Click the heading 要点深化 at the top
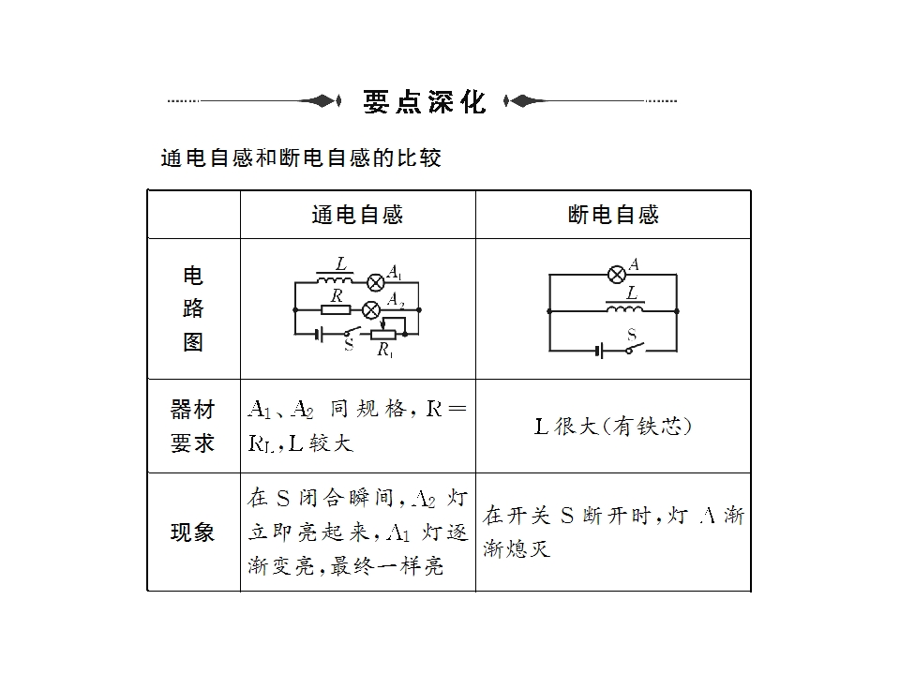pyautogui.click(x=424, y=101)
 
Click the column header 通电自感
pyautogui.click(x=357, y=215)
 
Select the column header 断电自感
pyautogui.click(x=613, y=215)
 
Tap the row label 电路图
pyautogui.click(x=193, y=308)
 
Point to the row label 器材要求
pyautogui.click(x=193, y=427)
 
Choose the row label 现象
pyautogui.click(x=193, y=532)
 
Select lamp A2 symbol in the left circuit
pyautogui.click(x=371, y=308)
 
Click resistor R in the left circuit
pyautogui.click(x=335, y=308)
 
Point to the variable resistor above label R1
pyautogui.click(x=384, y=334)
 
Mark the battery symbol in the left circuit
pyautogui.click(x=319, y=334)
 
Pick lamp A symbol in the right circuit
pyautogui.click(x=617, y=274)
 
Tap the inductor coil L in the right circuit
pyautogui.click(x=625, y=308)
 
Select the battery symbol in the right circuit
pyautogui.click(x=597, y=351)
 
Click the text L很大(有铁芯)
pyautogui.click(x=613, y=427)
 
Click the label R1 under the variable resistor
pyautogui.click(x=384, y=351)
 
